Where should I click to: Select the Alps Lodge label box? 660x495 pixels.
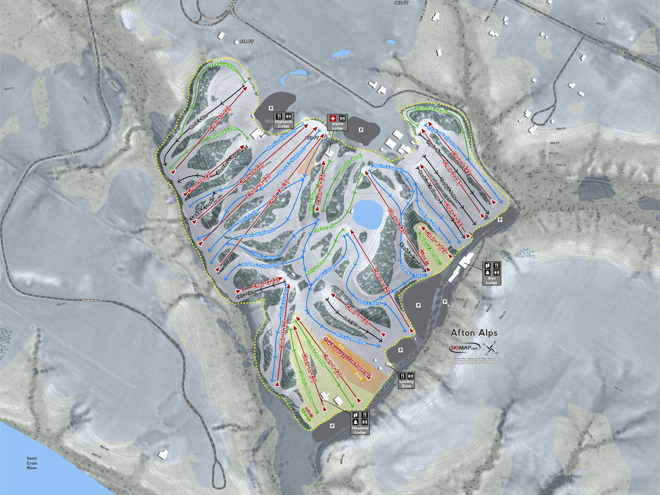click(x=491, y=272)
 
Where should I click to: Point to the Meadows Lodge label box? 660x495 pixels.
click(x=360, y=422)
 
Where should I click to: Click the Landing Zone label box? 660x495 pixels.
click(x=406, y=380)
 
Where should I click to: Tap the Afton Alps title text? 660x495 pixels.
click(x=474, y=332)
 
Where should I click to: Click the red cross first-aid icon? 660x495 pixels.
click(x=332, y=118)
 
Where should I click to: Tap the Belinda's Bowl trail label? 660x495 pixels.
click(x=388, y=167)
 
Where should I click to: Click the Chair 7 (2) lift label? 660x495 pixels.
click(x=360, y=313)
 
